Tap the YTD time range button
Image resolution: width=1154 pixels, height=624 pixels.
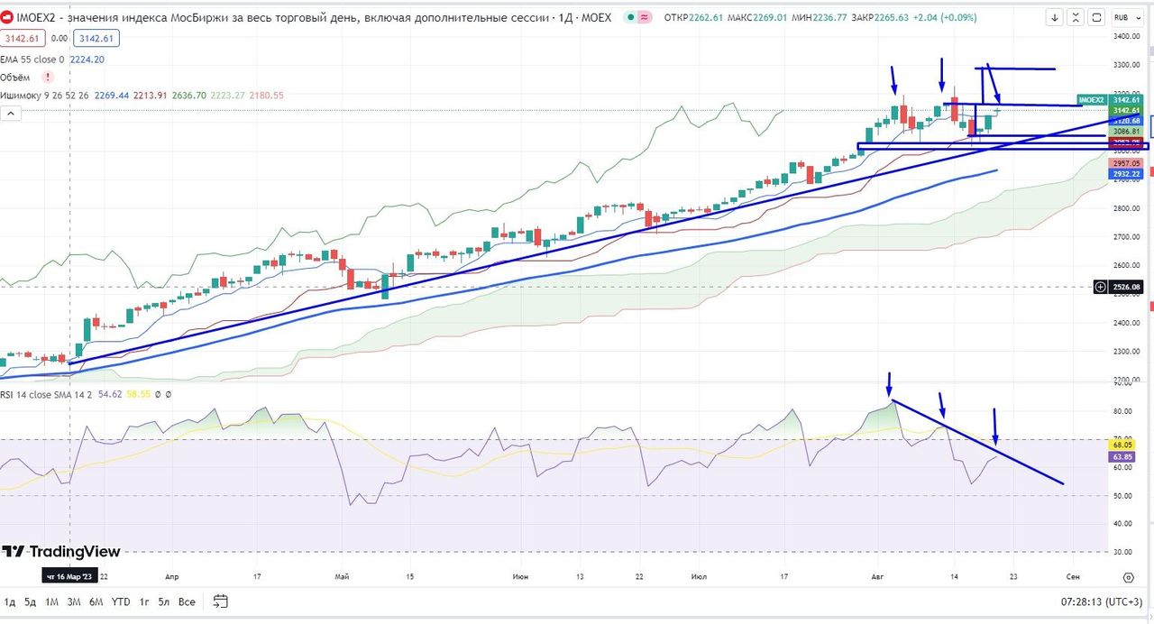coord(121,601)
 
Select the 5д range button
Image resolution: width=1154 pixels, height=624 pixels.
coord(31,601)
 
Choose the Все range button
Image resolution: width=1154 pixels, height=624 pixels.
coord(187,601)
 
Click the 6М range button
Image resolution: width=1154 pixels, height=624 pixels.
coord(96,601)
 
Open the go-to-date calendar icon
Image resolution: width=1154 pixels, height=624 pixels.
coord(221,601)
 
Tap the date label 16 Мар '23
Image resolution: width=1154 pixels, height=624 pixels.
coord(68,576)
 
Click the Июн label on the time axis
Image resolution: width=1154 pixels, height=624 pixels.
coord(520,576)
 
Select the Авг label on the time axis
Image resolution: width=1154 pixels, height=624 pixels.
coord(878,576)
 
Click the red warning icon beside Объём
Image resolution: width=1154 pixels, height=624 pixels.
coord(48,78)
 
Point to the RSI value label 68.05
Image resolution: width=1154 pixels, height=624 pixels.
coord(1123,445)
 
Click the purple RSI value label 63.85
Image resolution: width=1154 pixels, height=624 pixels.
coord(1123,457)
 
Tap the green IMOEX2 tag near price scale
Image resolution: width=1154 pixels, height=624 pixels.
coord(1091,99)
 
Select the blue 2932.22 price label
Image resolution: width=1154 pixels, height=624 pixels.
coord(1127,173)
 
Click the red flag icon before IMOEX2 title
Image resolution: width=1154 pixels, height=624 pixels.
coord(7,18)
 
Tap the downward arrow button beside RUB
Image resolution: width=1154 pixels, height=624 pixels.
coord(1056,17)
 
